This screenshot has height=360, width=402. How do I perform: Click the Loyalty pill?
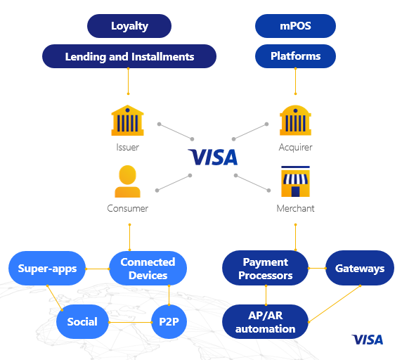point(129,26)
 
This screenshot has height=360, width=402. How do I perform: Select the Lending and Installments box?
point(129,56)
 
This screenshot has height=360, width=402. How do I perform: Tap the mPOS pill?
point(295,26)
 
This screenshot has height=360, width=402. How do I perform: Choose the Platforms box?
point(295,56)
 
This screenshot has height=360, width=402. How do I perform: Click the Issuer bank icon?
point(127,120)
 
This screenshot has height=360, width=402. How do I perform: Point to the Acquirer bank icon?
point(295,120)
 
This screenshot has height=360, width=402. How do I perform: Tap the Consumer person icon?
point(127,181)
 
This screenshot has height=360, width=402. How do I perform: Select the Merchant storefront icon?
point(295,181)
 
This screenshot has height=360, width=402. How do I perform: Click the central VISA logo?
point(213,157)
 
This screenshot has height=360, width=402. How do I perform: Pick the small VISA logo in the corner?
point(368,340)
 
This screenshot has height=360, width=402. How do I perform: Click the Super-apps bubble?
point(47,268)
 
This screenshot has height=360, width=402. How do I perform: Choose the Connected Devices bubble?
point(148,268)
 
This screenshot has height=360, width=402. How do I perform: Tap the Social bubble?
point(82,321)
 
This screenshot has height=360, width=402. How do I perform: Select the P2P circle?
point(169,321)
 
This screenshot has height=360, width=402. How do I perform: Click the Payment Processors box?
point(266,268)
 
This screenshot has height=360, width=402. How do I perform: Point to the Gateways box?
point(360,268)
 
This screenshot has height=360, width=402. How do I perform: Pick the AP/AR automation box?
point(266,321)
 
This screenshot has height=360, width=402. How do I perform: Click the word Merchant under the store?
point(295,208)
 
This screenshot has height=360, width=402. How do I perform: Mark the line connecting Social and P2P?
point(130,322)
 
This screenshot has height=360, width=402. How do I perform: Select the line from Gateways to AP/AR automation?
point(335,304)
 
